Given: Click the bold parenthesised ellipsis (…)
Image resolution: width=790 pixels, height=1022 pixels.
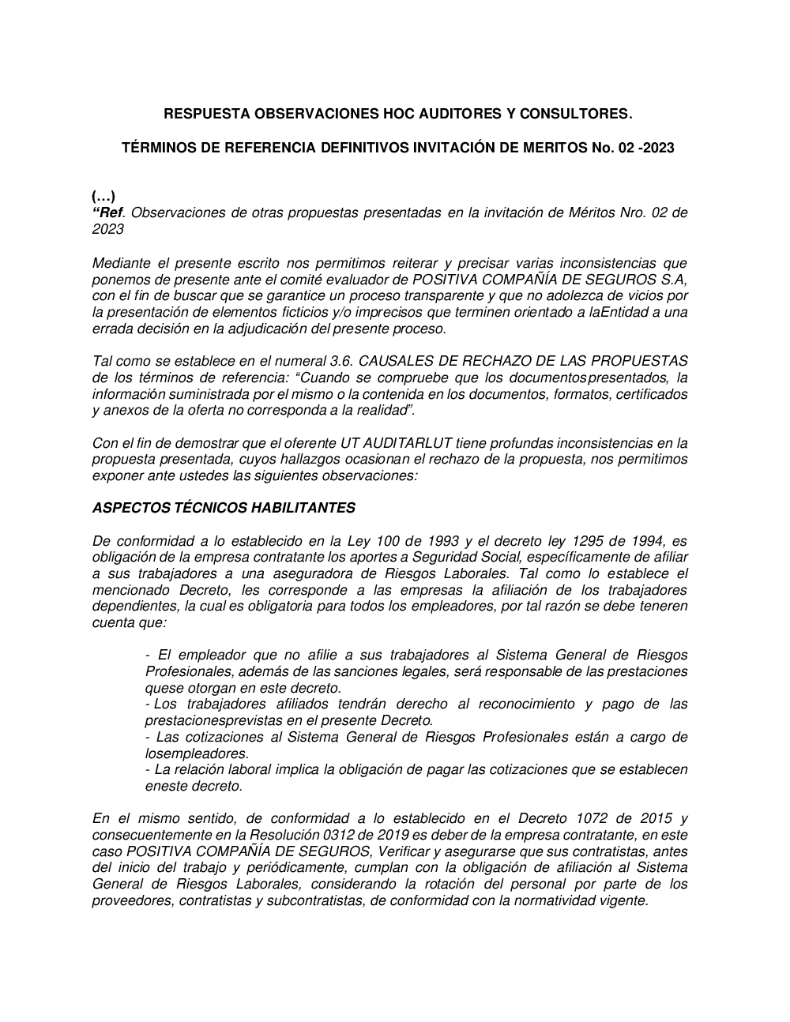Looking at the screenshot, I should pos(103,197).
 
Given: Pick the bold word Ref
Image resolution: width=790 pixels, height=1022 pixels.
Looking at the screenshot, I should pos(110,212).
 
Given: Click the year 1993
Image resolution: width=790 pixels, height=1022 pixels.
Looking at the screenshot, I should pos(443,541).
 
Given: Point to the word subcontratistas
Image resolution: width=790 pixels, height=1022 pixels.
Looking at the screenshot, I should pos(310,900).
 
